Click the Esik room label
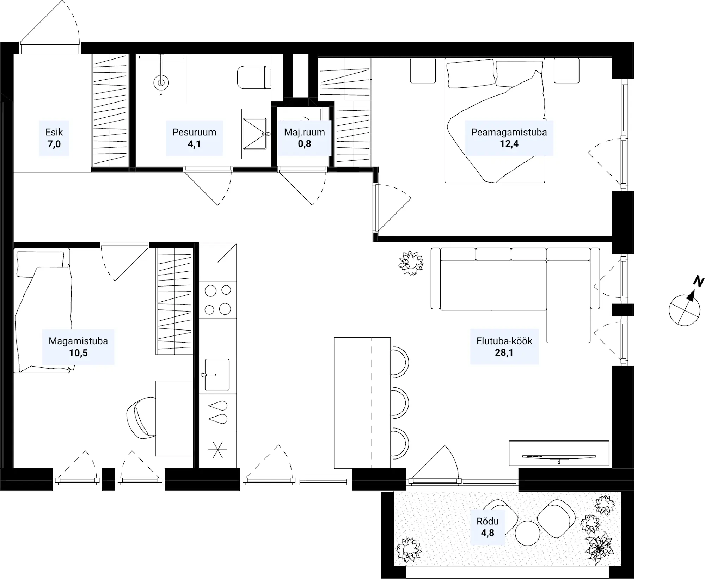54,132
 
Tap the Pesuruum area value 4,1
194,144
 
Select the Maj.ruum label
305,132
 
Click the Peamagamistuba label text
509,132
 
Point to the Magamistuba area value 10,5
78,353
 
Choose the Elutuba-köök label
504,341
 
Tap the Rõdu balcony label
488,521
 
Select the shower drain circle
161,83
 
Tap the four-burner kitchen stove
218,300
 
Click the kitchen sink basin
217,375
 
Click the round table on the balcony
527,533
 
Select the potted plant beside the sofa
411,263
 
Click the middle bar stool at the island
400,402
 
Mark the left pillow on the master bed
470,73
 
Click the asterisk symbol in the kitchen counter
218,450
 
